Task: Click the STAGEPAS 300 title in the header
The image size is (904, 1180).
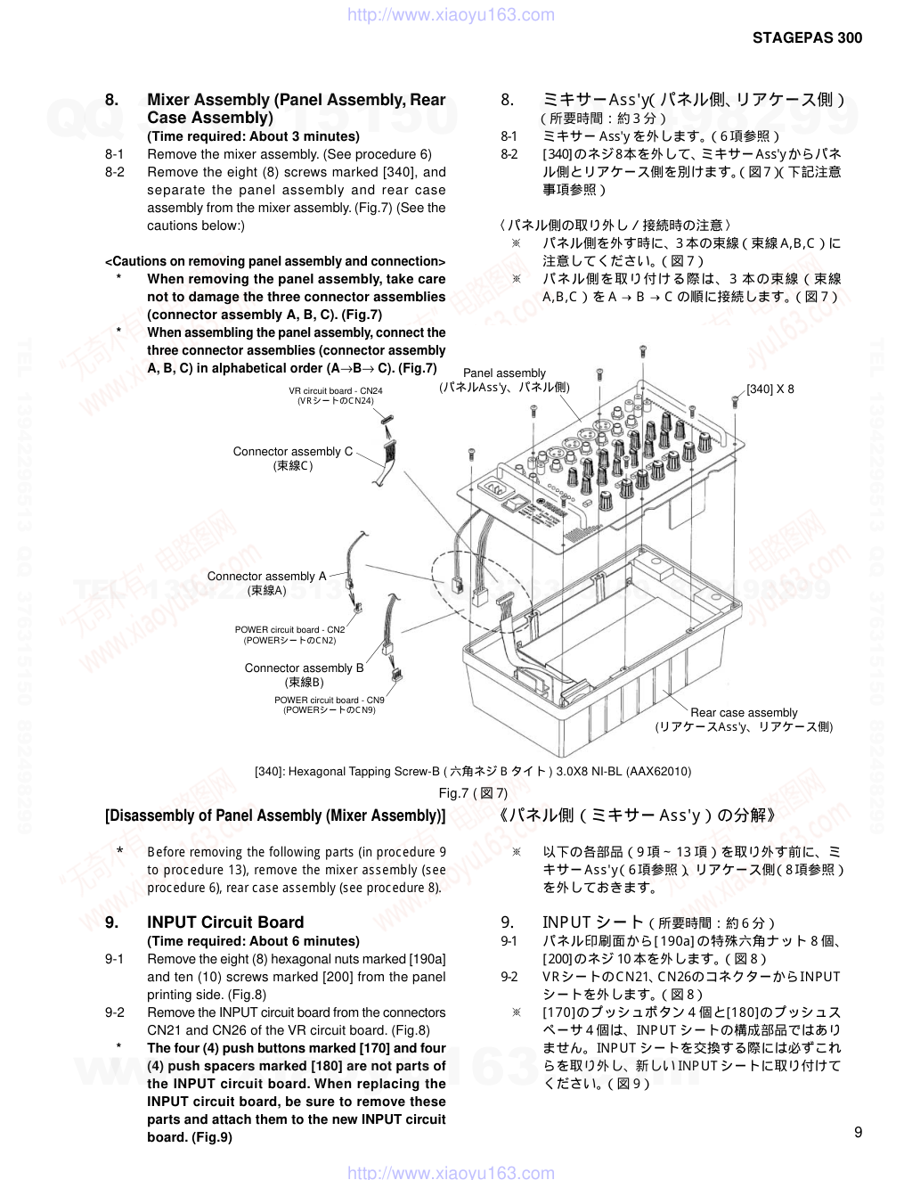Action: pyautogui.click(x=807, y=37)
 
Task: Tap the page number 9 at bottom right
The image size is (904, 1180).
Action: pyautogui.click(x=858, y=1133)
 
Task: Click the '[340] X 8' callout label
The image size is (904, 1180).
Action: pyautogui.click(x=770, y=389)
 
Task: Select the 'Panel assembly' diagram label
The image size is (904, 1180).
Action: pyautogui.click(x=504, y=373)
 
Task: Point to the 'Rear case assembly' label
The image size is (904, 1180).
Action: pyautogui.click(x=744, y=713)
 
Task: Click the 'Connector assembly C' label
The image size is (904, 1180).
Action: pyautogui.click(x=292, y=452)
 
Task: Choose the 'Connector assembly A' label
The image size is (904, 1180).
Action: pyautogui.click(x=266, y=577)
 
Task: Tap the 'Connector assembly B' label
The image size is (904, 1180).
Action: pyautogui.click(x=304, y=668)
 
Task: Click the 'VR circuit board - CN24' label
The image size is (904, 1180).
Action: pyautogui.click(x=336, y=391)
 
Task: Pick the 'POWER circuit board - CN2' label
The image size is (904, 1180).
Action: pyautogui.click(x=289, y=630)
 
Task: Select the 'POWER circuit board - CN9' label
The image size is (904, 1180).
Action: pyautogui.click(x=329, y=701)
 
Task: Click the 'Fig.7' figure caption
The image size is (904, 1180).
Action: pyautogui.click(x=473, y=793)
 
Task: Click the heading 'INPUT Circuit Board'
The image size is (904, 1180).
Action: pyautogui.click(x=225, y=922)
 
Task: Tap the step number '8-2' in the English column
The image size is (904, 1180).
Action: pyautogui.click(x=115, y=172)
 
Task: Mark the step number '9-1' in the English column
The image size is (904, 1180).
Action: pyautogui.click(x=115, y=959)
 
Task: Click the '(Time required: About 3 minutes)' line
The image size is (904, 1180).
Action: pyautogui.click(x=253, y=136)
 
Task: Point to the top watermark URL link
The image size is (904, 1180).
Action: pyautogui.click(x=450, y=14)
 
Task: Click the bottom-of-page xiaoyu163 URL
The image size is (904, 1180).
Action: pyautogui.click(x=450, y=1172)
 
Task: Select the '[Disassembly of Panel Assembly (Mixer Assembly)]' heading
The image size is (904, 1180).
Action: pyautogui.click(x=275, y=815)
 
